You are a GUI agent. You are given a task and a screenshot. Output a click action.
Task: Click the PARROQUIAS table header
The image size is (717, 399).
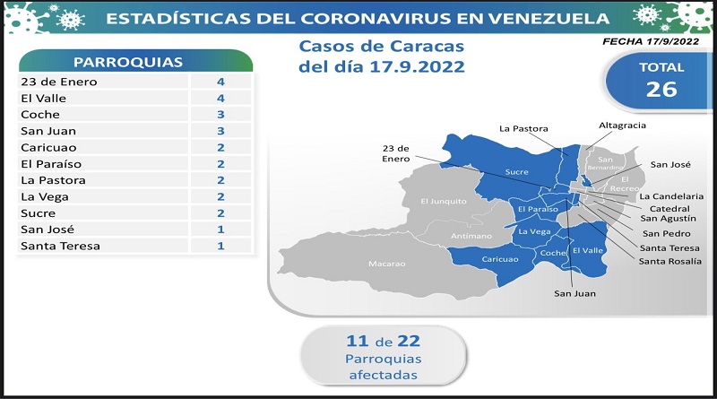coord(128,62)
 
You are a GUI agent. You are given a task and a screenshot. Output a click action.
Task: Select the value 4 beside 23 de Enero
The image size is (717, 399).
coord(220,82)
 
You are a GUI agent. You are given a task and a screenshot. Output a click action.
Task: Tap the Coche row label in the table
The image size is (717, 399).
coord(40,115)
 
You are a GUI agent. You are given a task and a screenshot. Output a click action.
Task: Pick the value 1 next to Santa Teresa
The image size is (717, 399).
coord(220,246)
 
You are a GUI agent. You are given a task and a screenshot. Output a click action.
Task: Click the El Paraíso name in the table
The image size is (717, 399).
coord(51,164)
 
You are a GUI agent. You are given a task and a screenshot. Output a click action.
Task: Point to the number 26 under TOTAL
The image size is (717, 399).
coord(661,90)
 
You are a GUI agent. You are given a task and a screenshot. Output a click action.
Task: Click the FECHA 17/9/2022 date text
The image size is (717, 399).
coord(651,41)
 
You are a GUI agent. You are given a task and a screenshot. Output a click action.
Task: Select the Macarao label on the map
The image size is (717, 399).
coord(387,264)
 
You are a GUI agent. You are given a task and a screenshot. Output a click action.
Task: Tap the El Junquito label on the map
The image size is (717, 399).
coord(444,202)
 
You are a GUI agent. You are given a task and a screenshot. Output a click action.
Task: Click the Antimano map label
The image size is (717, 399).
coord(471,236)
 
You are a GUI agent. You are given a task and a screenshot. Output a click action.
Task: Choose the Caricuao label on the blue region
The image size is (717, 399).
coord(500,259)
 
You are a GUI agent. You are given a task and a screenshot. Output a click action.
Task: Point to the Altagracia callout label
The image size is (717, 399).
coord(622,126)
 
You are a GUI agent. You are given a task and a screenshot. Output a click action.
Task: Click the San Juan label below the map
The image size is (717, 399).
coord(574,294)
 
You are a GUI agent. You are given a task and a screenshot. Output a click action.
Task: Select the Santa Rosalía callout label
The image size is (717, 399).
coord(669,261)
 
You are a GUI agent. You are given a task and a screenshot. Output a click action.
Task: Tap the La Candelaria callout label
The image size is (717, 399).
coord(671,196)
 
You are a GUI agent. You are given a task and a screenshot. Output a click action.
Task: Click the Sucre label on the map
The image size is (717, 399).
coord(517,172)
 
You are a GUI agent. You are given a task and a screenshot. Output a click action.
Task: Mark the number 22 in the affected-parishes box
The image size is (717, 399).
coord(409,341)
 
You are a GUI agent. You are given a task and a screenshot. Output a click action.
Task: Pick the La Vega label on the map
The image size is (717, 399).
coord(534,231)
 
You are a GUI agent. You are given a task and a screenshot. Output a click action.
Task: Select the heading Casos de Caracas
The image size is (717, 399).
coord(382,47)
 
